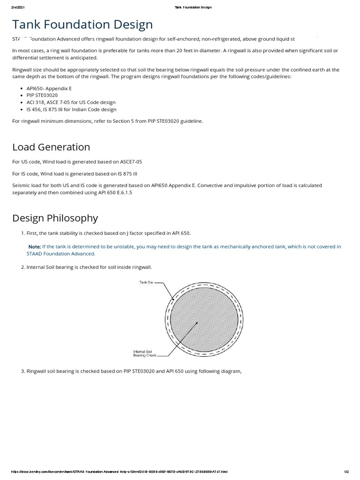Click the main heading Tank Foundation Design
coord(82,24)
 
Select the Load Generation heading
coord(51,147)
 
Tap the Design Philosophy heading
coord(55,217)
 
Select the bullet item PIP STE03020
coord(42,95)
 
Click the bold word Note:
coord(34,247)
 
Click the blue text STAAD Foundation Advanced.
coord(61,254)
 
